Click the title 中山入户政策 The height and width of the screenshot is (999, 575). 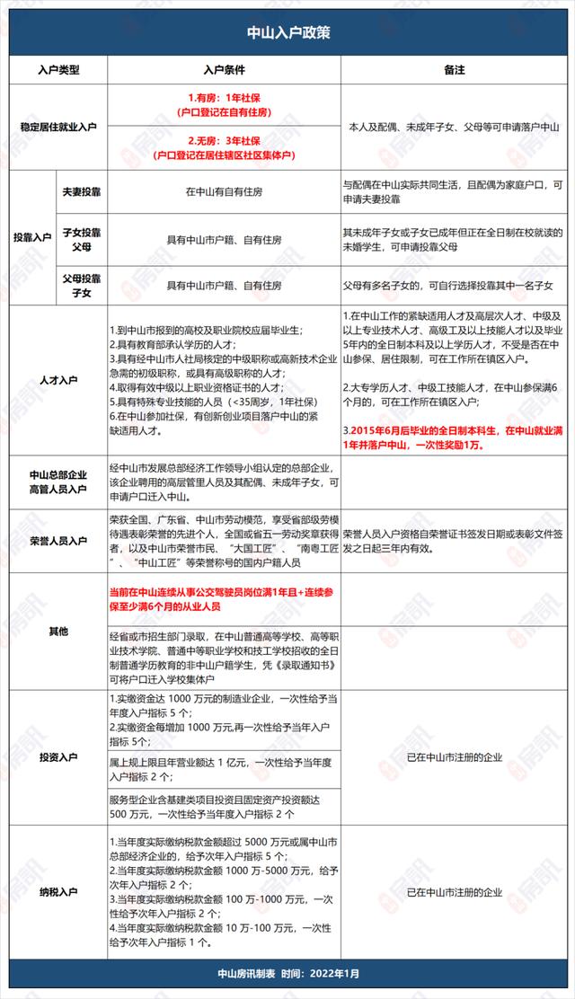coord(287,32)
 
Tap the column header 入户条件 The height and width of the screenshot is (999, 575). coord(225,69)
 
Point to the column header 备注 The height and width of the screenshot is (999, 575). coord(454,69)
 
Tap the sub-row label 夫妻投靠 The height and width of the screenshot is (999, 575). coord(79,191)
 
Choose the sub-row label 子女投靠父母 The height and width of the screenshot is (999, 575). coord(79,238)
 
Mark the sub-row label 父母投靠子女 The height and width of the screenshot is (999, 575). coord(79,285)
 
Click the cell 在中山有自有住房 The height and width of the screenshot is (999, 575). coord(225,191)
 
